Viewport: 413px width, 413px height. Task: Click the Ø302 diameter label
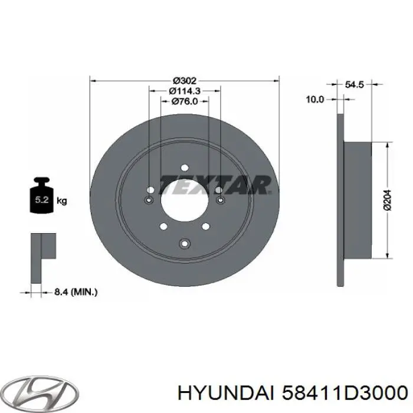tap(185, 81)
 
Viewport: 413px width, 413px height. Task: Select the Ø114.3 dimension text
tap(185, 91)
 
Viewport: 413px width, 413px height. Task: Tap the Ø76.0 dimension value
tap(185, 101)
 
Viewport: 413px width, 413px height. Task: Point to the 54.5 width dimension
tap(353, 85)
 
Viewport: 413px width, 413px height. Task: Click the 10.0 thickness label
tap(314, 100)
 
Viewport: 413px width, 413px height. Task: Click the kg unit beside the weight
tap(62, 202)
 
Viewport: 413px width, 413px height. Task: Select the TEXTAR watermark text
tap(215, 183)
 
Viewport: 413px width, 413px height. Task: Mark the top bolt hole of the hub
tap(185, 168)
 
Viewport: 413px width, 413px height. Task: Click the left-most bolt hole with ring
tap(149, 201)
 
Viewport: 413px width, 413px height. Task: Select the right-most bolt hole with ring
tap(221, 201)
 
